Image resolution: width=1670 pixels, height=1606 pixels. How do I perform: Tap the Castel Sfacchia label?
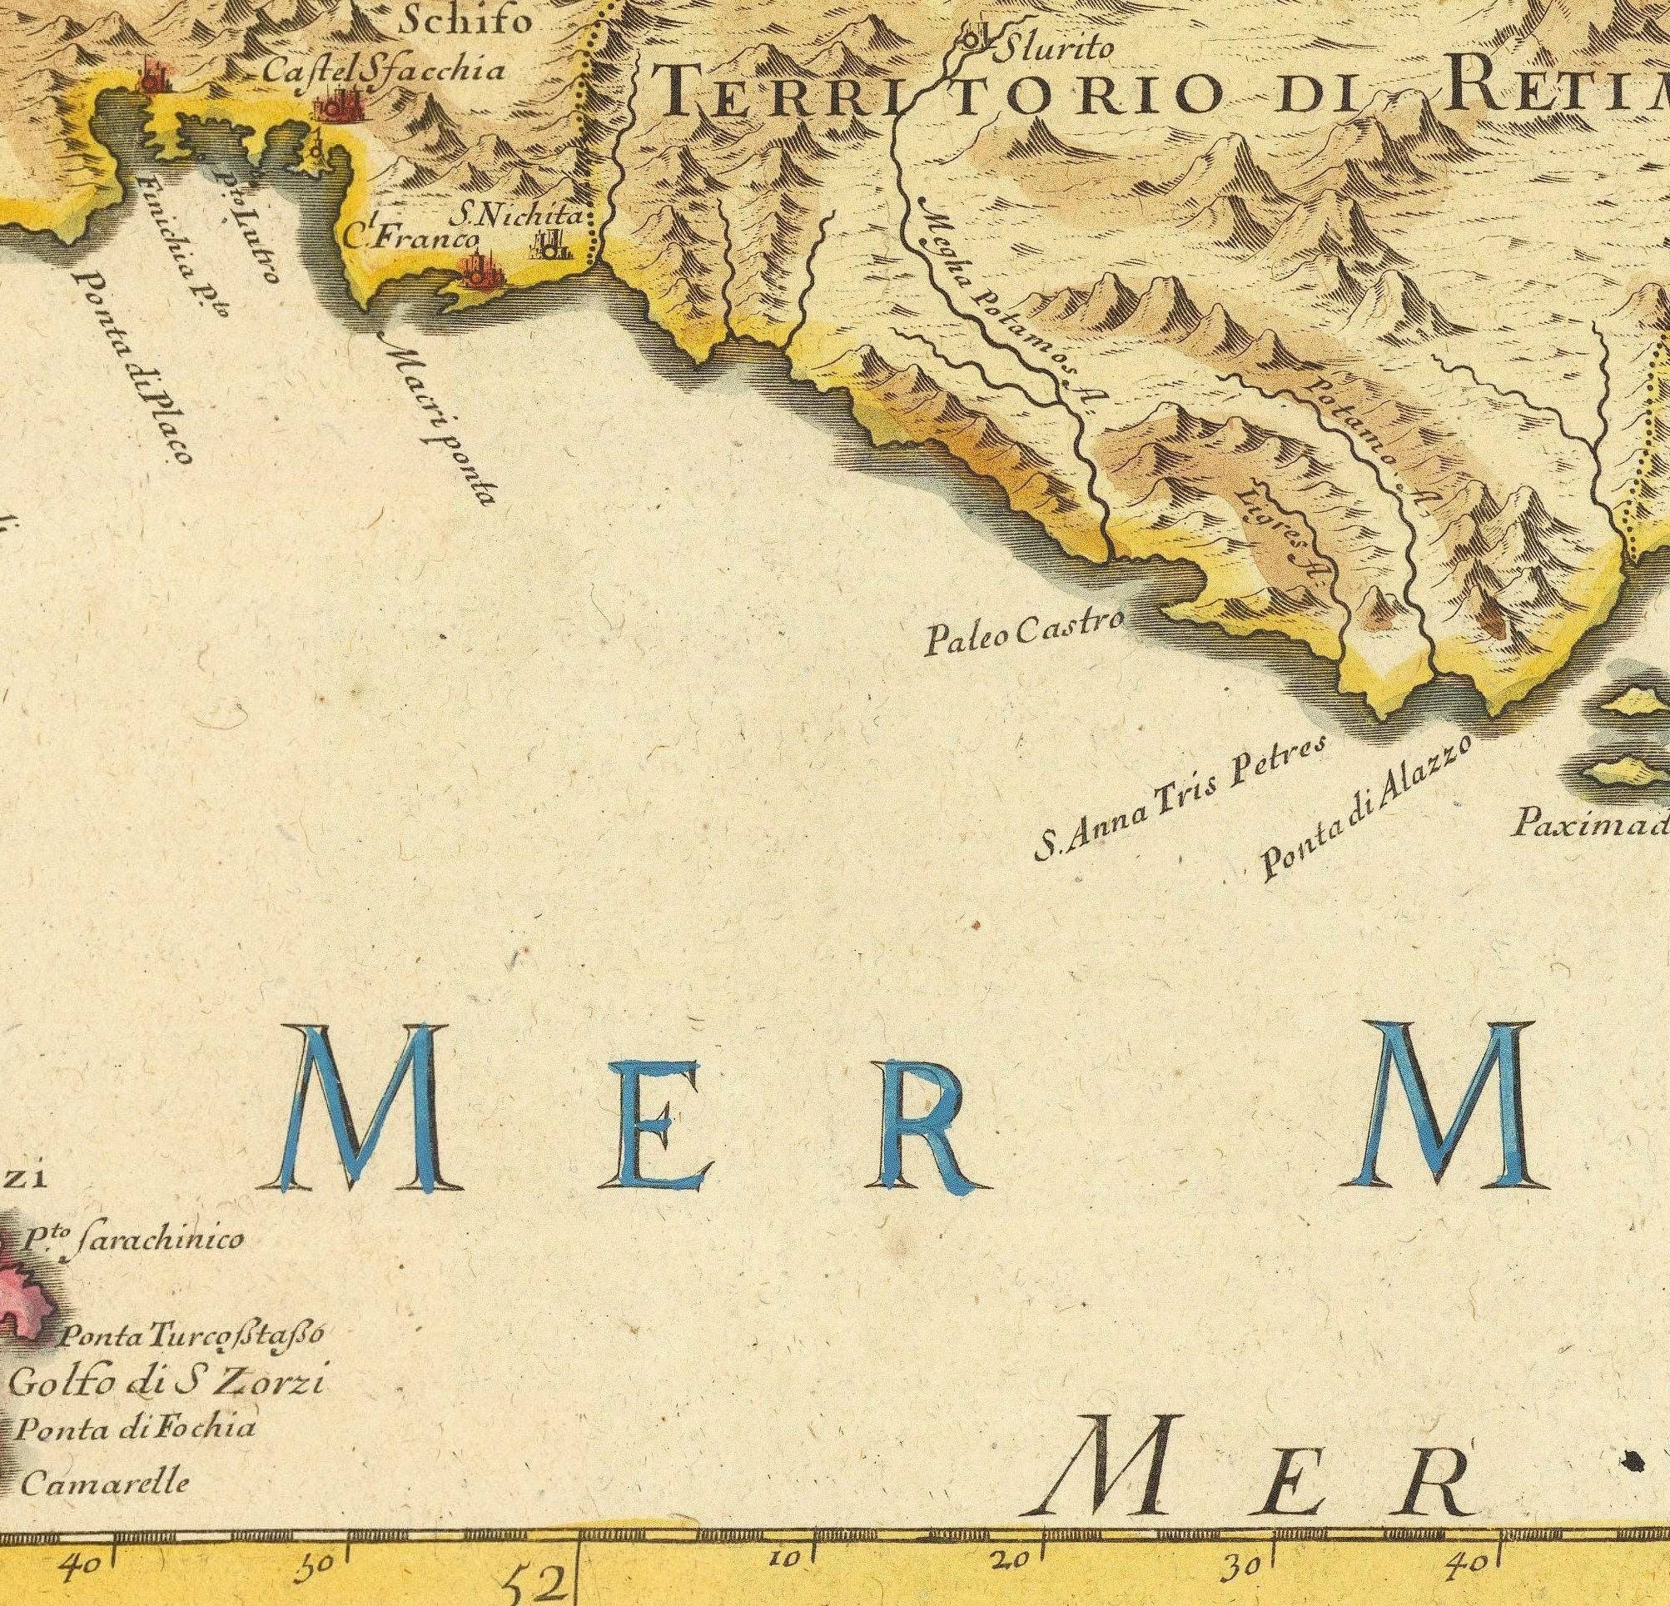(382, 71)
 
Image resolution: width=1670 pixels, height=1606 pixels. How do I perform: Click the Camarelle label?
(103, 1484)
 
